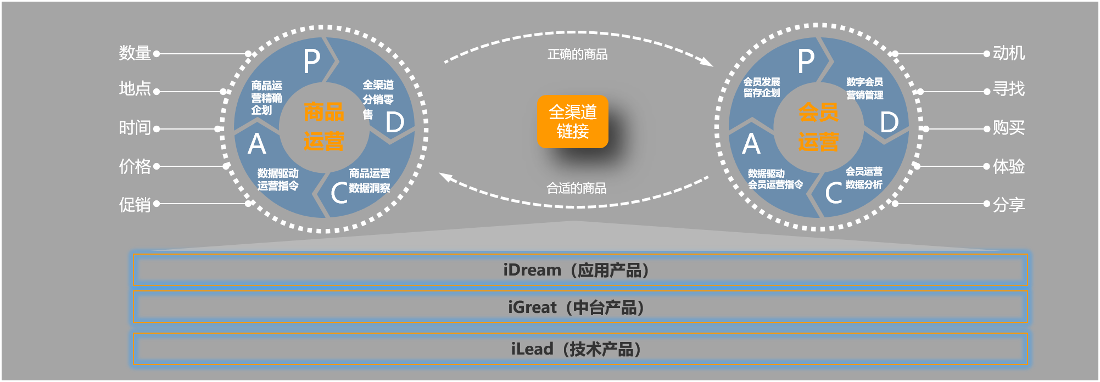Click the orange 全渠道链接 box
coord(572,122)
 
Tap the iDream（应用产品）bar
coord(579,269)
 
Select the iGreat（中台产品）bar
coord(579,307)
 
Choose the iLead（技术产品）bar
coord(579,349)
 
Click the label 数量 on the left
coord(135,53)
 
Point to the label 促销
coord(135,204)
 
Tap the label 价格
coord(135,166)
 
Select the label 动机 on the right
coord(1008,53)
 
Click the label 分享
coord(1008,204)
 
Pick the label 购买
coord(1008,128)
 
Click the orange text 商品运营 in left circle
coord(324,127)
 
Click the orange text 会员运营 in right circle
coord(818,127)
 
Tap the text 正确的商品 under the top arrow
coord(577,54)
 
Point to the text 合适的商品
coord(576,188)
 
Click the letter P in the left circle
coord(312,61)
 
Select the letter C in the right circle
coord(833,193)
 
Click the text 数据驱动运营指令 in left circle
coord(278,179)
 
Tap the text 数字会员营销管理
coord(864,88)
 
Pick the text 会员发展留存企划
coord(762,87)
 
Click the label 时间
coord(135,128)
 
